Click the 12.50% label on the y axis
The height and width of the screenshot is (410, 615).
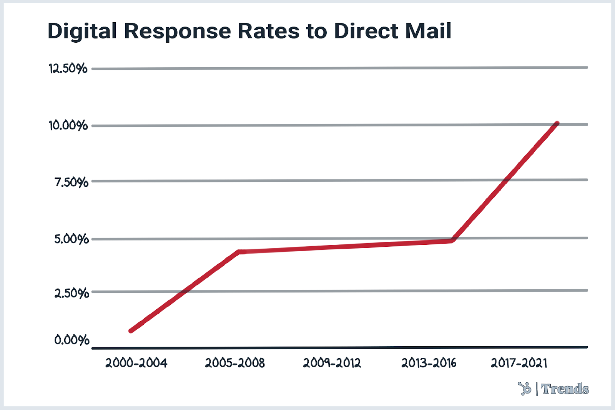pos(68,69)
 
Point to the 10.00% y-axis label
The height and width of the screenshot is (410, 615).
pos(68,126)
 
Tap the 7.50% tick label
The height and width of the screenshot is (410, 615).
pos(71,182)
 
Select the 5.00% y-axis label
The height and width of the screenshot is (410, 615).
pos(71,239)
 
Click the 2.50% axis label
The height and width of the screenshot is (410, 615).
pos(71,294)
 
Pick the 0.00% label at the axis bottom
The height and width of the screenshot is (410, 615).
pos(72,340)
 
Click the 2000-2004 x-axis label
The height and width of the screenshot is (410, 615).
pos(136,363)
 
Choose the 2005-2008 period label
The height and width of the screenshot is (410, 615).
pos(235,363)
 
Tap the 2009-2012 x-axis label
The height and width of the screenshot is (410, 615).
pos(332,363)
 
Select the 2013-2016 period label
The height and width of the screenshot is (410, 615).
pos(429,363)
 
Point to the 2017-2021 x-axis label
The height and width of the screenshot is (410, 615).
pos(519,363)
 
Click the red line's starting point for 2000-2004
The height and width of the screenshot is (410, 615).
pos(131,330)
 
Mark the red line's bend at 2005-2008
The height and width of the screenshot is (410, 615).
pos(239,252)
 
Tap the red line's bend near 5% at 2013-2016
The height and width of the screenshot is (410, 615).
pos(452,241)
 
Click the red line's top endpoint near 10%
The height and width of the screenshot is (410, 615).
pos(557,123)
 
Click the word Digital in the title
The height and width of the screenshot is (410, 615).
pos(82,31)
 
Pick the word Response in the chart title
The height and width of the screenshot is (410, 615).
pos(177,31)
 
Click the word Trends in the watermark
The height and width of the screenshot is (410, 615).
pos(565,389)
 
